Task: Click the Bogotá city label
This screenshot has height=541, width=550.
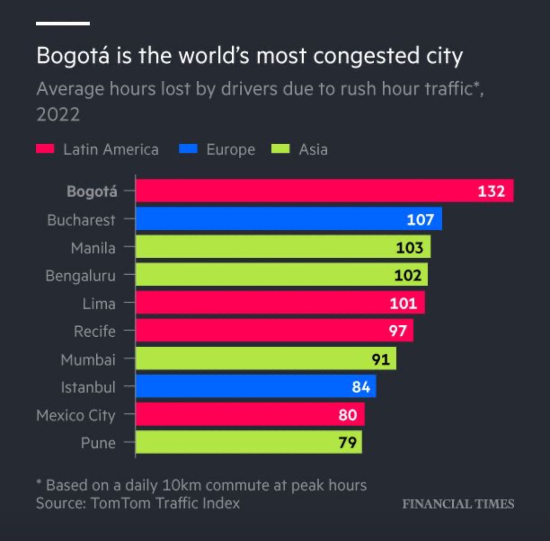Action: pyautogui.click(x=92, y=192)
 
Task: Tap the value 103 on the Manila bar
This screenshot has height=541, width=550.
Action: pyautogui.click(x=409, y=247)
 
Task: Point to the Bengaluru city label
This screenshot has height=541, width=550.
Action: pyautogui.click(x=80, y=276)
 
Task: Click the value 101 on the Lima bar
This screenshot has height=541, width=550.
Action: pyautogui.click(x=403, y=303)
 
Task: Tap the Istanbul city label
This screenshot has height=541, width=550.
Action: pyautogui.click(x=88, y=387)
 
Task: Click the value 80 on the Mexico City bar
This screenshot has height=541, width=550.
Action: pyautogui.click(x=347, y=415)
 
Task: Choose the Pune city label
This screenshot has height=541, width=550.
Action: pyautogui.click(x=98, y=443)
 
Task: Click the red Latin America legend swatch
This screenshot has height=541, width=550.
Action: pyautogui.click(x=45, y=149)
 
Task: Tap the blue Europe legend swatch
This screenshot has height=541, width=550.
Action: pyautogui.click(x=188, y=149)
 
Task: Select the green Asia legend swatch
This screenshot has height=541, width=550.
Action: pyautogui.click(x=281, y=149)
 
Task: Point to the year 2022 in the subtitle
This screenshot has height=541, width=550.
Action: pyautogui.click(x=58, y=115)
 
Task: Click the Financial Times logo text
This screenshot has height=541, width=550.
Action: pyautogui.click(x=458, y=504)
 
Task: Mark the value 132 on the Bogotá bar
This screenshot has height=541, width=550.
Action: pyautogui.click(x=491, y=191)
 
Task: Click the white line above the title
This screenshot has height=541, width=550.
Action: pyautogui.click(x=63, y=23)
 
